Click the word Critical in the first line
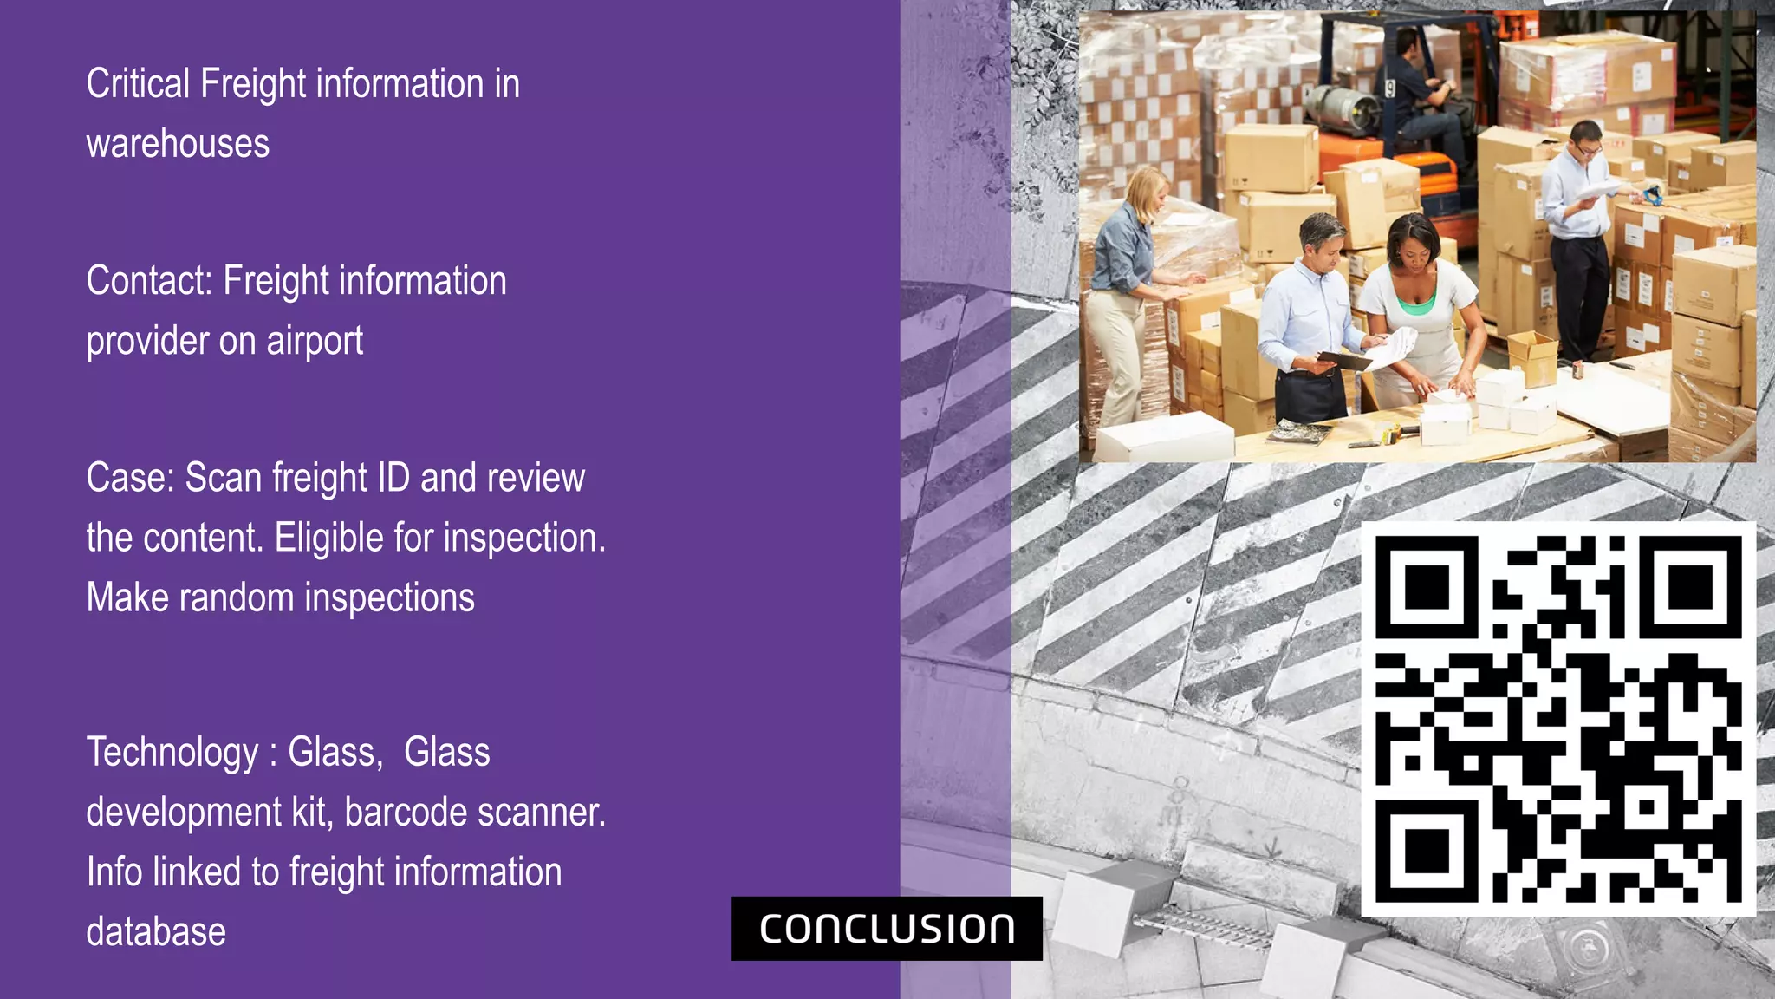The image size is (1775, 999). [138, 84]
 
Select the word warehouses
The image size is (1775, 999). [178, 144]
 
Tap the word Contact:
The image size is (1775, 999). [149, 281]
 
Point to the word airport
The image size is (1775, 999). [315, 341]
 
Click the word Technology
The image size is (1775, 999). [172, 753]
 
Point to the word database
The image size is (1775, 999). [156, 932]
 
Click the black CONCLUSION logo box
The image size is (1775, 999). [887, 929]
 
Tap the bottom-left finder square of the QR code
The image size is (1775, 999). [1427, 852]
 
